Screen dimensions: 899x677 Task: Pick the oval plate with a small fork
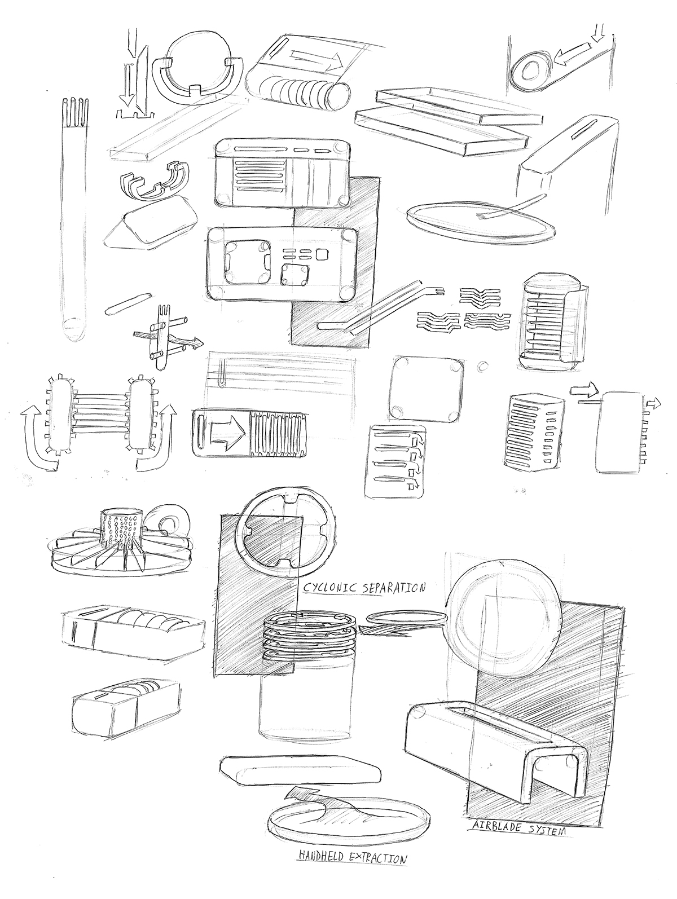coord(480,223)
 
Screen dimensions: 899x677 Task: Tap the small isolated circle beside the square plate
coord(481,365)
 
